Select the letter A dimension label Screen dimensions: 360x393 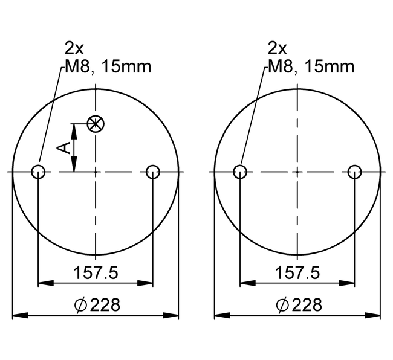[x=63, y=147]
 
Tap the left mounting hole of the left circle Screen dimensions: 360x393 [x=38, y=172]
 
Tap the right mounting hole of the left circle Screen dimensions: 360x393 [x=153, y=172]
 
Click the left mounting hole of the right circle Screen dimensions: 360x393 [x=240, y=172]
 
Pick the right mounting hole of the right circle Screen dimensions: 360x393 [x=355, y=172]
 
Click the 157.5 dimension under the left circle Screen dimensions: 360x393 [x=96, y=272]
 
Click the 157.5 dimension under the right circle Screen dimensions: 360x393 [x=297, y=272]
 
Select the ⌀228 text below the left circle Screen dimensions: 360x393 [x=97, y=304]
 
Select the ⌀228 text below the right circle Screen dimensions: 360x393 [x=299, y=304]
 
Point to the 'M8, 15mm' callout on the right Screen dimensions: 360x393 [x=310, y=66]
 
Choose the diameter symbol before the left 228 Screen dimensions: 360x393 [x=80, y=305]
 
